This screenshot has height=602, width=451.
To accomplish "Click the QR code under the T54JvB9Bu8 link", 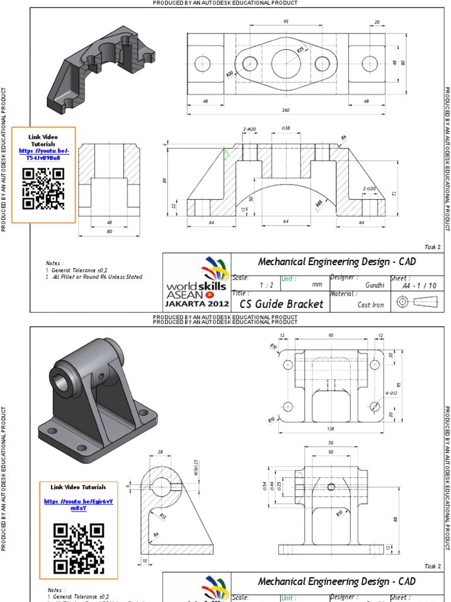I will tap(43, 188).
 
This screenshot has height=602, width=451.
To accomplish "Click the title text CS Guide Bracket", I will tap(281, 304).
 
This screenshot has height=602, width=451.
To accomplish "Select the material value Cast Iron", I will tap(371, 305).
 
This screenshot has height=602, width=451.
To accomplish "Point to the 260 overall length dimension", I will tap(286, 110).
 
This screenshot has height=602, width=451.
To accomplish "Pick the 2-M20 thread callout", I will tap(250, 129).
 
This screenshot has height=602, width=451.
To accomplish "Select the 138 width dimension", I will tap(331, 429).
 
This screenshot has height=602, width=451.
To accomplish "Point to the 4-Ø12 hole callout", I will tap(391, 393).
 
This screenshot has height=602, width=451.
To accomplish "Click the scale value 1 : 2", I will tap(267, 285).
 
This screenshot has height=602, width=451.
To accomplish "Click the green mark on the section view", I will tap(225, 154).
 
